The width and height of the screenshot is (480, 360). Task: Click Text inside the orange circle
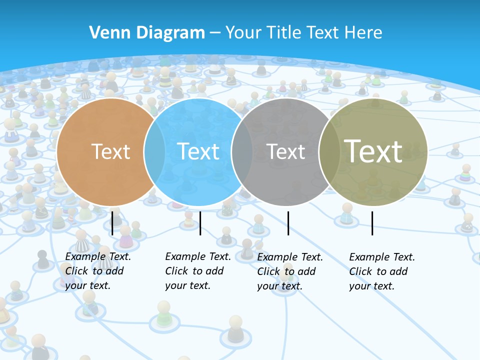(110, 151)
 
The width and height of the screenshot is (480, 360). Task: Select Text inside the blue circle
(198, 151)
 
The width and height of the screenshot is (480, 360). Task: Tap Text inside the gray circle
(285, 151)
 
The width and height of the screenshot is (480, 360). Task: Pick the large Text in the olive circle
(373, 151)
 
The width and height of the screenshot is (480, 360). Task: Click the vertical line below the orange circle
(112, 223)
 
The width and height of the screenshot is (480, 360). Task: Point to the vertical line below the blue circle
(200, 223)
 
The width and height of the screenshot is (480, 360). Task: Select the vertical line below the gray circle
(288, 223)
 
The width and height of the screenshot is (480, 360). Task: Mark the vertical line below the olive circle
(372, 223)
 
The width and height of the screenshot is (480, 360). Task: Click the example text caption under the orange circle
(97, 271)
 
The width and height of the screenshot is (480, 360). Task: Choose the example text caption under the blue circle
(197, 271)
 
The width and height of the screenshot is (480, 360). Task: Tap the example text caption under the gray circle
(289, 271)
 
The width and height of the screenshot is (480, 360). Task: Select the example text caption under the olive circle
(381, 271)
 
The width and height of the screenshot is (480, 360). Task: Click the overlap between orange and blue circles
(154, 151)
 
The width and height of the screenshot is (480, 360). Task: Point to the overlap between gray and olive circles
(329, 151)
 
